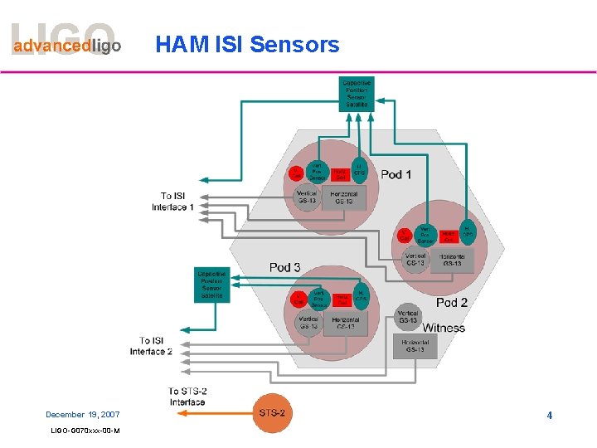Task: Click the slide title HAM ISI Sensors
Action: coord(247,44)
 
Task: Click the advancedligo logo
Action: coord(66,43)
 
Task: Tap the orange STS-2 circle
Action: coord(272,412)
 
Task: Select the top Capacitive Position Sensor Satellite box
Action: coord(357,94)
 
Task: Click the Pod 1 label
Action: coord(396,174)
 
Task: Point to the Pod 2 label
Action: coord(452,303)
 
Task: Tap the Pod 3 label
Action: coord(285,267)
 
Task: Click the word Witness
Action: coord(444,327)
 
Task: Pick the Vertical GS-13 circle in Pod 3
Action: coord(308,323)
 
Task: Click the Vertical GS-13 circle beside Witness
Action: coord(408,315)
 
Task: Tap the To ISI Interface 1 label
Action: coord(173,202)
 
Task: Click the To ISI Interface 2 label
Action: coord(151,346)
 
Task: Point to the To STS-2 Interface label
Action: coord(187,397)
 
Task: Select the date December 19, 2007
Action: coord(83,414)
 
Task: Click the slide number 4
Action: coord(549,414)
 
